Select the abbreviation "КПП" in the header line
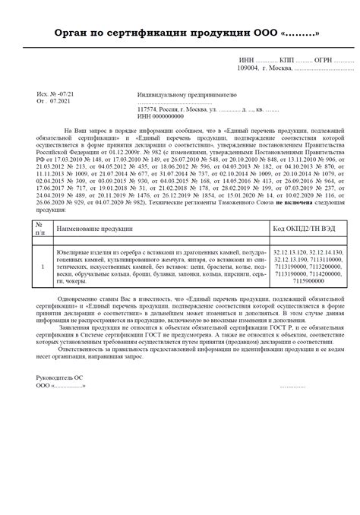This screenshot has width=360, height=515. [286, 60]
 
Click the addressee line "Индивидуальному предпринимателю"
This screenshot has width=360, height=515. [187, 96]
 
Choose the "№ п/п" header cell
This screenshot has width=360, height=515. [39, 228]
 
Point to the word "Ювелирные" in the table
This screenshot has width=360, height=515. [74, 251]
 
